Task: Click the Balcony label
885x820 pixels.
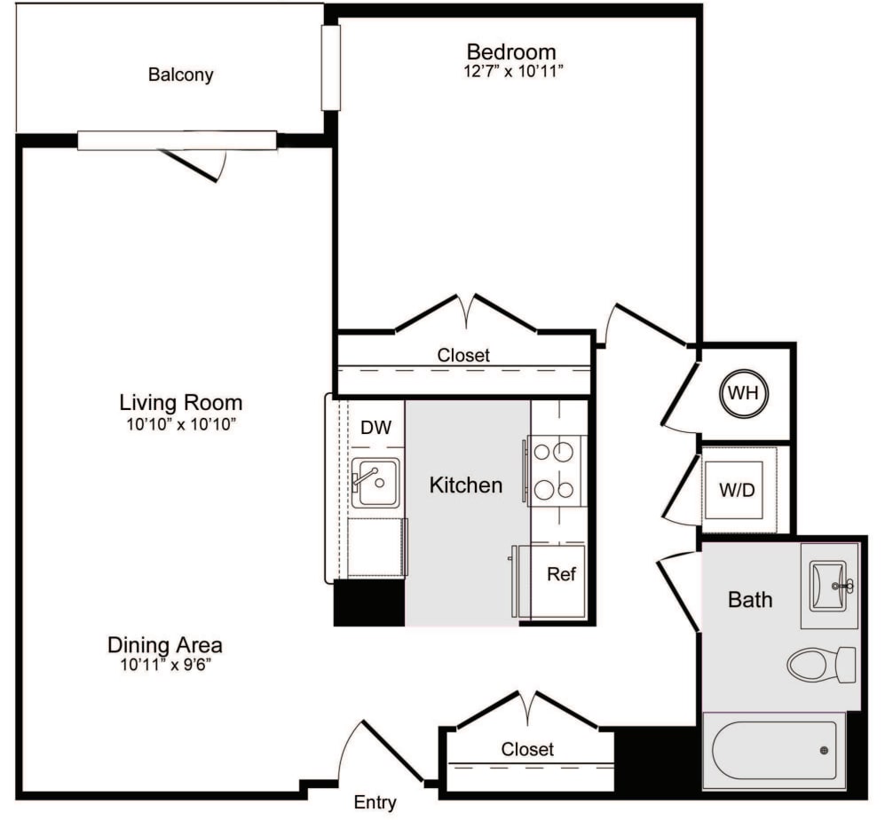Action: coord(180,75)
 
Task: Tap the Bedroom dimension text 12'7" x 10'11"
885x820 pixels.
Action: coord(511,72)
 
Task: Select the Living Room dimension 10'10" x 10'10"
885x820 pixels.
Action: coord(181,423)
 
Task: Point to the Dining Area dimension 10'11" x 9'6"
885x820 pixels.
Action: coord(164,665)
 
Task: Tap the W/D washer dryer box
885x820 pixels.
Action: coord(738,489)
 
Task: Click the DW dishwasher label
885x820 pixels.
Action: coord(375,428)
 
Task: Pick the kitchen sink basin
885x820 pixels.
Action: coord(375,482)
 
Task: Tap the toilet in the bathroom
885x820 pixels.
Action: coord(820,665)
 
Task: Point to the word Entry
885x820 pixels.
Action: coord(375,803)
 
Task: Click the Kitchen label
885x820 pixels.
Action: coord(465,485)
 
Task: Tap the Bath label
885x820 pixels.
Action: coord(749,600)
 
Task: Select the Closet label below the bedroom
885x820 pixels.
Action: coord(462,355)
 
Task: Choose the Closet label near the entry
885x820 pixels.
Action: coord(527,749)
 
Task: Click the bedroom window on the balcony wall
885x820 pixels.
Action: coord(330,67)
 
